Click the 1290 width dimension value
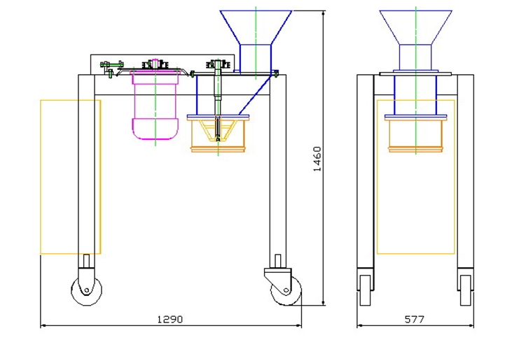169,320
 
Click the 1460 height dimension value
317,159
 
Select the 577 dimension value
415,320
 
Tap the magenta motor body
155,106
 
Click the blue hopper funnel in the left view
256,27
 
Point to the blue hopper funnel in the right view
416,27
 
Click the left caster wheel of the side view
87,290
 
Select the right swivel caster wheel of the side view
286,291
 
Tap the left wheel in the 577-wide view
365,290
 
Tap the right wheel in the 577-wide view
465,290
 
